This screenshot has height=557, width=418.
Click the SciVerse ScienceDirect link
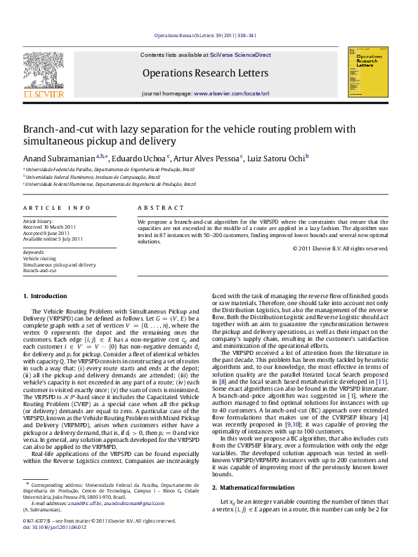pyautogui.click(x=245, y=55)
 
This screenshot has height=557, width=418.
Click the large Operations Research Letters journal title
pyautogui.click(x=205, y=73)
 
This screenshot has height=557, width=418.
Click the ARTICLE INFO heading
pyautogui.click(x=57, y=208)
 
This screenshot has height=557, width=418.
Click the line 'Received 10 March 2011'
pyautogui.click(x=49, y=227)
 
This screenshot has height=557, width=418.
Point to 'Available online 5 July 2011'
pyautogui.click(x=53, y=239)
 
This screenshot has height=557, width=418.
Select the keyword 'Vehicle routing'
pyautogui.click(x=39, y=259)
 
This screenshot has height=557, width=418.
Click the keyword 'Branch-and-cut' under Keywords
pyautogui.click(x=39, y=270)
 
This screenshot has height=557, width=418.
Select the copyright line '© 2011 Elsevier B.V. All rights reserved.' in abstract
pyautogui.click(x=340, y=248)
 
